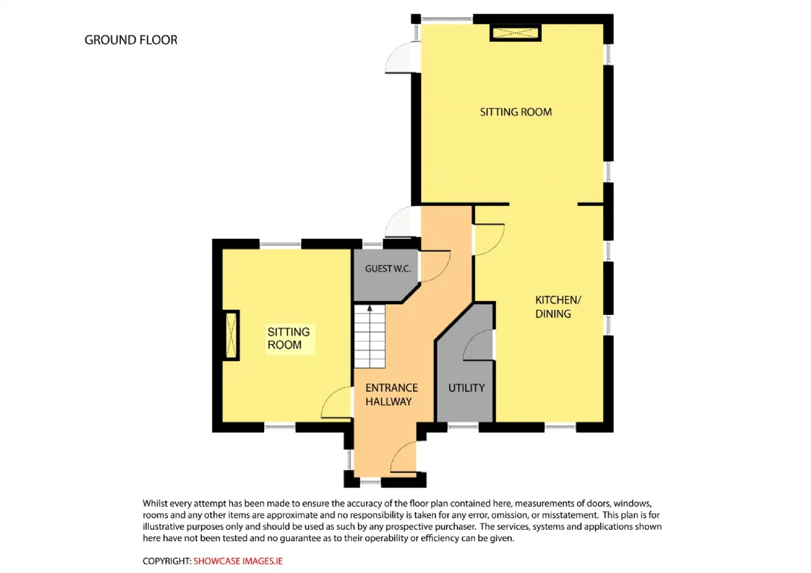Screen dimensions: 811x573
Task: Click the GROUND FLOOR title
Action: [x=131, y=40]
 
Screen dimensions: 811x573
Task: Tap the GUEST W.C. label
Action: [x=388, y=269]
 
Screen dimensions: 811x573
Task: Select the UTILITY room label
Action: [x=466, y=388]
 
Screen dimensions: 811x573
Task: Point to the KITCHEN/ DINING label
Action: [x=558, y=307]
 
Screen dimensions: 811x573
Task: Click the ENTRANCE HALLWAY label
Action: [x=392, y=394]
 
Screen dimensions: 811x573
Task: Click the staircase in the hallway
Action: [x=369, y=337]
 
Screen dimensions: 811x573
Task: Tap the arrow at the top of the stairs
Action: [x=369, y=309]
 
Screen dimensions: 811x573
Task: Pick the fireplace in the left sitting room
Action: [x=231, y=335]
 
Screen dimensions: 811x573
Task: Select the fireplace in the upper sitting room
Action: [x=516, y=33]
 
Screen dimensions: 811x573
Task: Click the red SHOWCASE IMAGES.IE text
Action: [x=238, y=561]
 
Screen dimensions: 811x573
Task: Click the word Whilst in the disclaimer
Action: [x=155, y=503]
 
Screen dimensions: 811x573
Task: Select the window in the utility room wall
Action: [x=463, y=427]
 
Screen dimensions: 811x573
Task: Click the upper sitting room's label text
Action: [x=516, y=112]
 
